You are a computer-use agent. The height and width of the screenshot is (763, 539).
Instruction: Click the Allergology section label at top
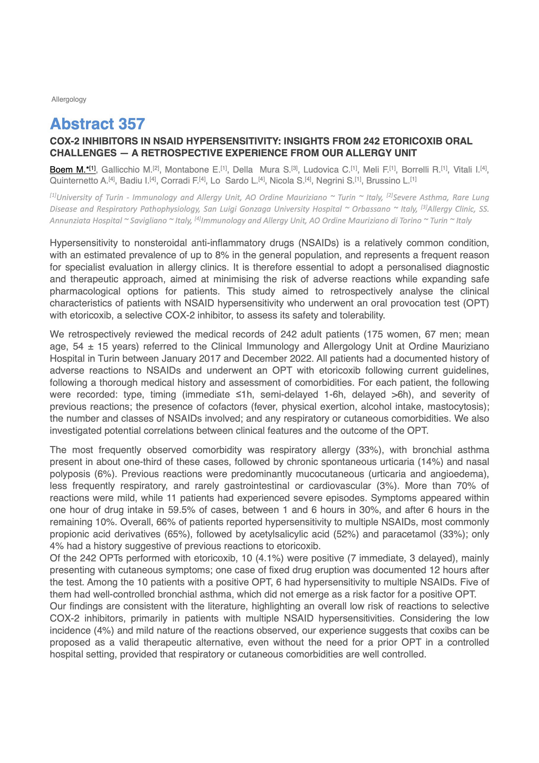click(69, 99)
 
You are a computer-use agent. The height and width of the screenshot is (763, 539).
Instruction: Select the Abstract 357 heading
click(97, 124)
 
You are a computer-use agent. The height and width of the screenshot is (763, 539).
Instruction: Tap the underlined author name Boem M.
click(68, 170)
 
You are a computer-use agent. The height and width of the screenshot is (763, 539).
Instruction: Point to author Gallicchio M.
click(127, 170)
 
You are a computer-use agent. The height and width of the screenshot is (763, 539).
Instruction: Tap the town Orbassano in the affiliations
click(371, 209)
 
